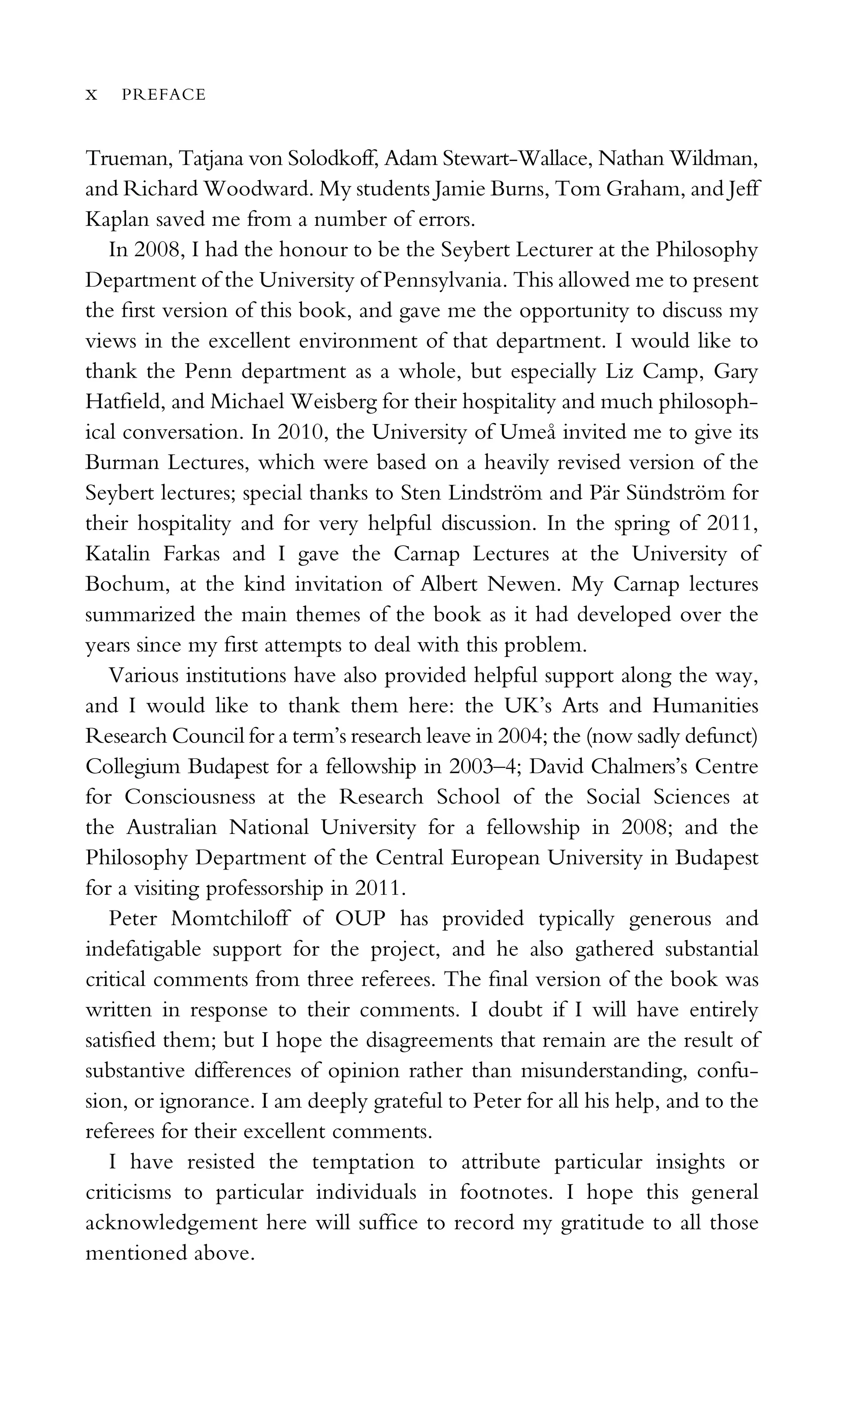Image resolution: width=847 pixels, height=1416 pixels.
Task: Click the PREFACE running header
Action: click(x=163, y=95)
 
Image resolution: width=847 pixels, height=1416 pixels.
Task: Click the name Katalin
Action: click(x=117, y=553)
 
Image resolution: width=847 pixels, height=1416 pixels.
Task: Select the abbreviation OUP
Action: click(x=360, y=919)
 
